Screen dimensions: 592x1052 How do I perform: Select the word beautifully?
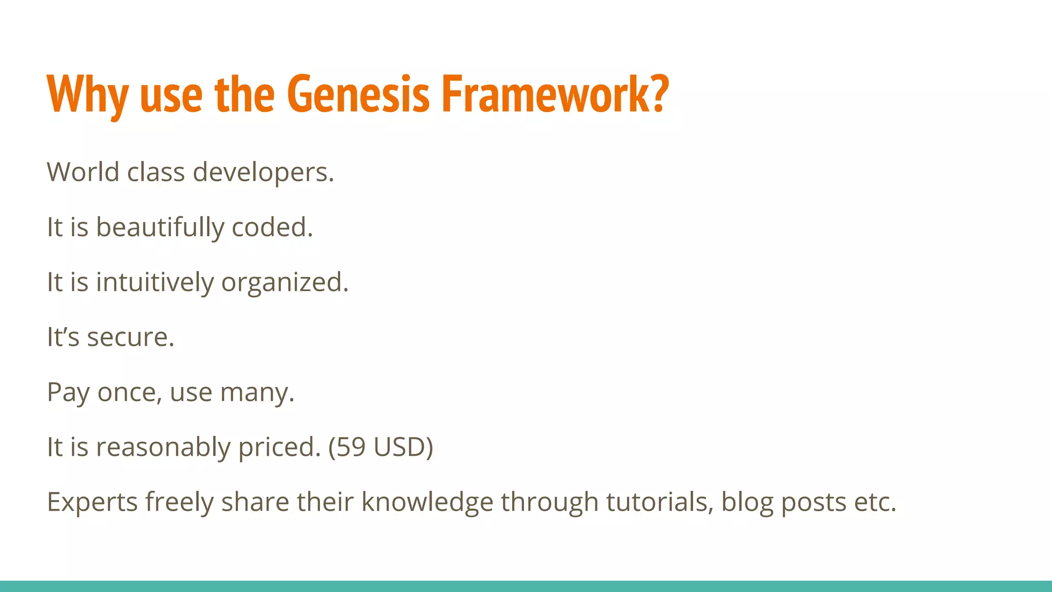tap(160, 228)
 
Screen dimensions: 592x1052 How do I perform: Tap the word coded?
tap(272, 228)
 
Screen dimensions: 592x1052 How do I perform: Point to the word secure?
tap(130, 338)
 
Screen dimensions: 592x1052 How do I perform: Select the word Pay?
tap(68, 393)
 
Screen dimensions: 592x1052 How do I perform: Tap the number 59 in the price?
tap(351, 447)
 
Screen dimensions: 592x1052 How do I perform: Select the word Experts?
tap(92, 503)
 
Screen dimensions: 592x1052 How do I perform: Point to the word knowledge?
tap(427, 503)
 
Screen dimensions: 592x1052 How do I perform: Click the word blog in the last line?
tap(747, 503)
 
